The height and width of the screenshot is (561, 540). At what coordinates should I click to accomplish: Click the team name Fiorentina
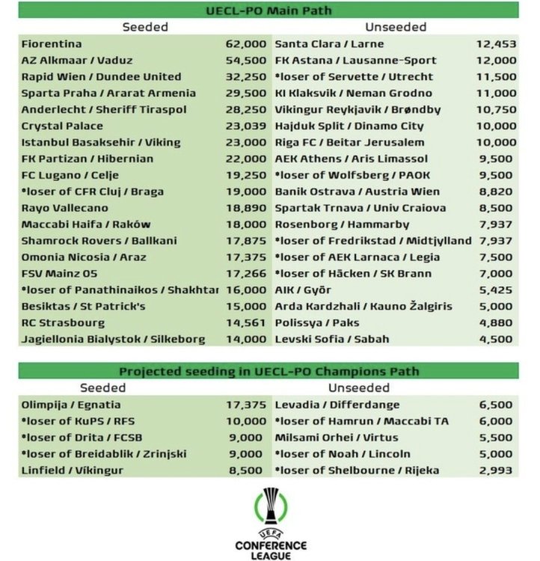click(x=52, y=44)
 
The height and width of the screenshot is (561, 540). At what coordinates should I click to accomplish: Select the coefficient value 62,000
click(x=246, y=44)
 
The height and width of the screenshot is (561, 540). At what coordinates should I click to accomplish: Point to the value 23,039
click(x=246, y=126)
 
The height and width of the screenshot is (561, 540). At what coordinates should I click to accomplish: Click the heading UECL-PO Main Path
click(x=269, y=11)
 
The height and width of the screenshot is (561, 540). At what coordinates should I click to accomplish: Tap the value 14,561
click(x=246, y=323)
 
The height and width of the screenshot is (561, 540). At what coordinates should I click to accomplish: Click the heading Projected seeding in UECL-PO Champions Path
click(x=269, y=372)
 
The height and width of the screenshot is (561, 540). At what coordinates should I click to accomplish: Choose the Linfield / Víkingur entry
click(x=73, y=470)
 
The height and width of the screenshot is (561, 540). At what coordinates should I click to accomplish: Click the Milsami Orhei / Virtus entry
click(x=337, y=437)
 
